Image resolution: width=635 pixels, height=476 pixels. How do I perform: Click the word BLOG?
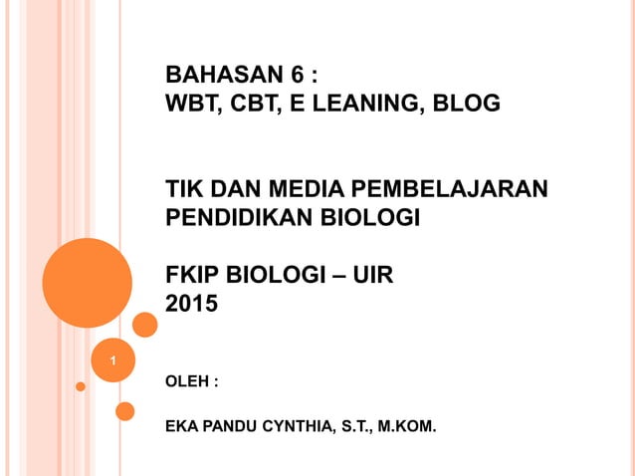(468, 103)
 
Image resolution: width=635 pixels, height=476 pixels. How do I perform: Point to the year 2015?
(189, 304)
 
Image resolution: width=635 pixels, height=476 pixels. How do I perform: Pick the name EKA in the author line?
(180, 429)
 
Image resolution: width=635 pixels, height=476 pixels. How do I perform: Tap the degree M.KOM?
(408, 429)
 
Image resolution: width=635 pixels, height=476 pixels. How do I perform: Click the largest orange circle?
(88, 283)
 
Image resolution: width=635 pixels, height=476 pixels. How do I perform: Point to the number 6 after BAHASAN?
(297, 75)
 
